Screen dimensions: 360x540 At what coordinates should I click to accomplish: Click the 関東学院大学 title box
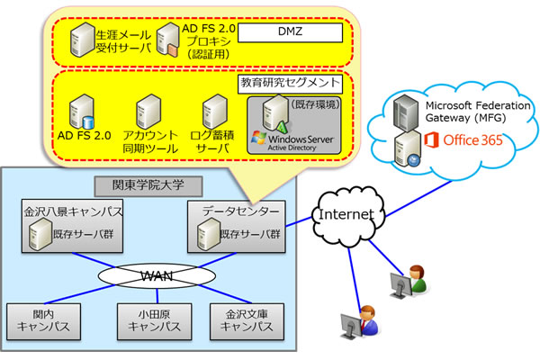[148, 186]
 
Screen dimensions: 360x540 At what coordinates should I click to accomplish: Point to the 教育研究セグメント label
[290, 82]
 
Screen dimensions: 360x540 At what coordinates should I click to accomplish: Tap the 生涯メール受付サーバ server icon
[79, 40]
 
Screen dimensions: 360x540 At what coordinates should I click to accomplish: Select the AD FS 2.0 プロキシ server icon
[166, 40]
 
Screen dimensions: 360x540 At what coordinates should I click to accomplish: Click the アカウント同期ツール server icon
[148, 111]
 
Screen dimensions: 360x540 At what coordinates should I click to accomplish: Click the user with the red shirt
[368, 316]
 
